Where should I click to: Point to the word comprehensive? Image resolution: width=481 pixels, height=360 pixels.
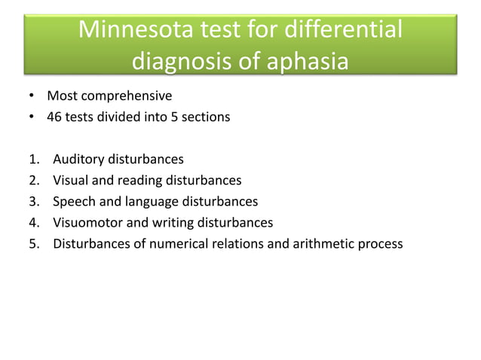coord(124,96)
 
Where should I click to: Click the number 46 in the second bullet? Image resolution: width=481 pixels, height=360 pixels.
coord(54,117)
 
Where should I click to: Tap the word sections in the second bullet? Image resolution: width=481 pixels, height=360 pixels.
coord(207,117)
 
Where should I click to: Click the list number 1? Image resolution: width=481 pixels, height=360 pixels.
coord(34,160)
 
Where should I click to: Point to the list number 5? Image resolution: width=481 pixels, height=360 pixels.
coord(34,244)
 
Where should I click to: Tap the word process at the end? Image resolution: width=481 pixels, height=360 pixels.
coord(381,244)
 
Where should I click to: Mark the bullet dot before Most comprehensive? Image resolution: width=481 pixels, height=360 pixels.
coord(32,96)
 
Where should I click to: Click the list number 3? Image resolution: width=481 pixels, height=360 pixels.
coord(34,202)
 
